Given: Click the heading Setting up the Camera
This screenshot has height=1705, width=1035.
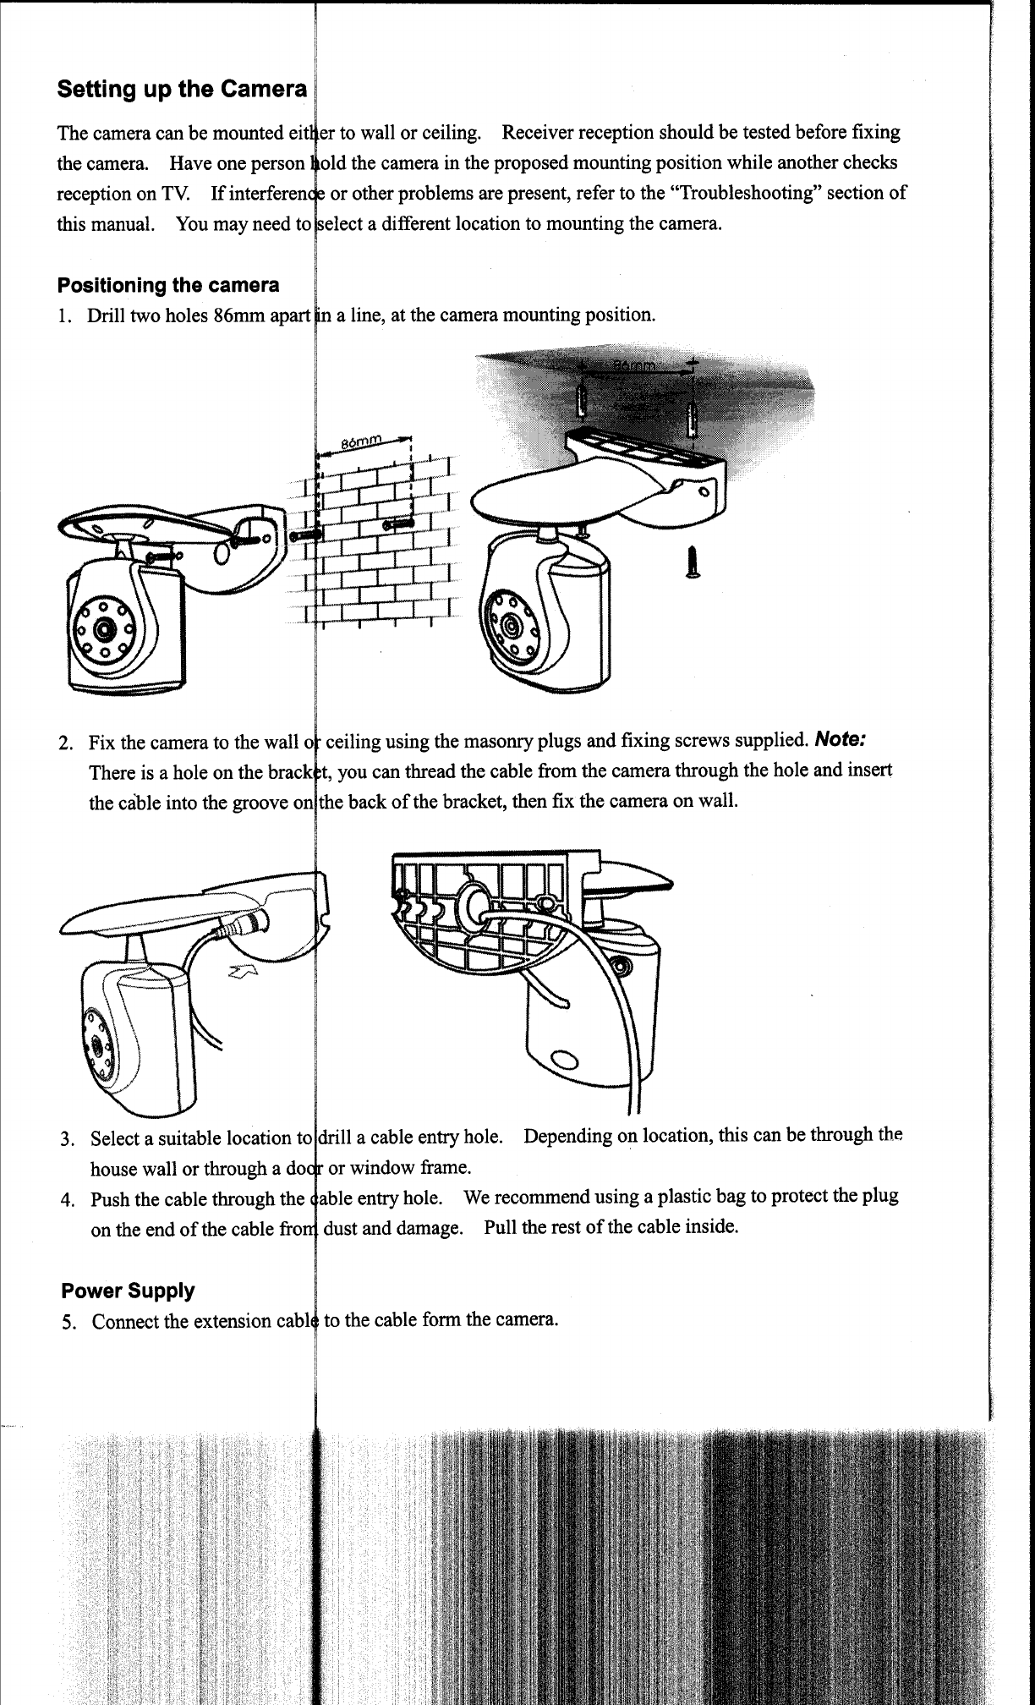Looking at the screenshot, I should coord(183,90).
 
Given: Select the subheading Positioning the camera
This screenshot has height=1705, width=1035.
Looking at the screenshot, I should coord(168,285).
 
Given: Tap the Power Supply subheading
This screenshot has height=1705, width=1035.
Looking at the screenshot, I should coord(128,1291).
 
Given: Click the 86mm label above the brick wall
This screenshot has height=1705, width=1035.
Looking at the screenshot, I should coord(362,442).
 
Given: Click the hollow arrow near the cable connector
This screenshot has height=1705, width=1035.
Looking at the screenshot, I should coord(243,979).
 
